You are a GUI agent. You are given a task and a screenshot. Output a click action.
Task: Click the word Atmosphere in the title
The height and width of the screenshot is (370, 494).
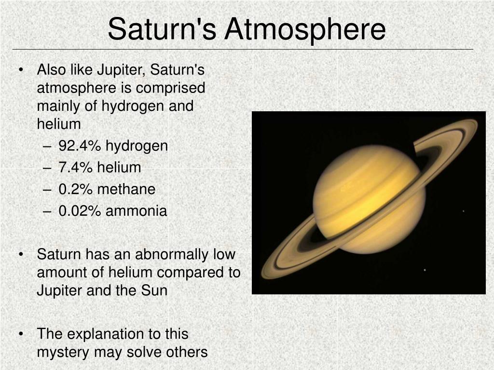[x=305, y=29]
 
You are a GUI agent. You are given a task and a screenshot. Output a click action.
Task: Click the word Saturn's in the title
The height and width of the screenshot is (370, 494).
[x=162, y=29]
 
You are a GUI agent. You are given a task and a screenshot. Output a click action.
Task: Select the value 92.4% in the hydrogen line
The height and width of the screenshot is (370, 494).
[x=80, y=145]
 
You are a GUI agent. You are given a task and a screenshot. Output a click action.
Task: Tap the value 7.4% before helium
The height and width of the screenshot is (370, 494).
[x=75, y=167]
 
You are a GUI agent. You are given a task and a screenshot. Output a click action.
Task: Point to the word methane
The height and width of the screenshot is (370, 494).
[x=126, y=189]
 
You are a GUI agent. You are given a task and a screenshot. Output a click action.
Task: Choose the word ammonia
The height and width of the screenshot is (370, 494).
[x=136, y=211]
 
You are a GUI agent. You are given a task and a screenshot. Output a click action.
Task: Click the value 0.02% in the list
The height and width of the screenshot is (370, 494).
[x=80, y=211]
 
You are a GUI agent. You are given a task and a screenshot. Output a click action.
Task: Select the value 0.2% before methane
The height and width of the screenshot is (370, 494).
[x=75, y=189]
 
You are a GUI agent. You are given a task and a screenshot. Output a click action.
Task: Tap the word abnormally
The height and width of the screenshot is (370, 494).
[x=172, y=254]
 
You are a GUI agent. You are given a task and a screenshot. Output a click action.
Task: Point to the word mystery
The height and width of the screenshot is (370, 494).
[x=63, y=352]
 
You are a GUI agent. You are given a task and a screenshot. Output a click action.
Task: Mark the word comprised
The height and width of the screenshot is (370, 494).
[x=170, y=88]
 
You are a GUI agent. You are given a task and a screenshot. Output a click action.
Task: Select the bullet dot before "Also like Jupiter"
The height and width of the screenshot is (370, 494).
[x=21, y=70]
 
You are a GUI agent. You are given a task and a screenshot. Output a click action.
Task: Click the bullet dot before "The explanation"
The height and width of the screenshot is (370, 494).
[x=21, y=334]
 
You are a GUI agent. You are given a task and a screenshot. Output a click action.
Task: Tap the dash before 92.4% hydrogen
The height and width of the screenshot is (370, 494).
[x=47, y=146]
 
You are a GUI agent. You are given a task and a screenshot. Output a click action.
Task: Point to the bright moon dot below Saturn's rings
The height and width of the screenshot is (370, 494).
[x=425, y=270]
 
